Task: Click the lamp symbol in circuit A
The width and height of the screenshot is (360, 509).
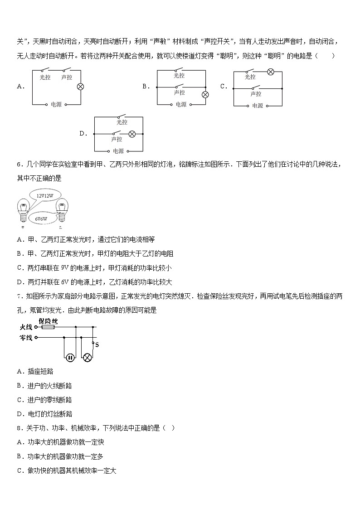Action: (81, 86)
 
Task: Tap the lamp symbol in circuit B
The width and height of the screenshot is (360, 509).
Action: (205, 95)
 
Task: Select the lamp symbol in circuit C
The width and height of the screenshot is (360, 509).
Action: (270, 72)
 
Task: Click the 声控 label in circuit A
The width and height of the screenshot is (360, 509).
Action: (67, 78)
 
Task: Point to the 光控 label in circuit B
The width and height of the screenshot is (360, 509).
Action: (180, 76)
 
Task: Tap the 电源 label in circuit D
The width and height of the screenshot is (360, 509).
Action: (118, 151)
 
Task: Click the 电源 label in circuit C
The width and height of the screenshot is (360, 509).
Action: (257, 106)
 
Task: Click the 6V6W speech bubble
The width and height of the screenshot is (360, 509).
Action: (41, 218)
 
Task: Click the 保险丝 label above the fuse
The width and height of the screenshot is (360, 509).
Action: (48, 321)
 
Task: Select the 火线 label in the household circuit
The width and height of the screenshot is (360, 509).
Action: (25, 327)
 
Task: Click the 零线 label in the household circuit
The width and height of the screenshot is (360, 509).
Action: (25, 338)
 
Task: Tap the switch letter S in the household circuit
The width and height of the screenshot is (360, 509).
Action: (97, 345)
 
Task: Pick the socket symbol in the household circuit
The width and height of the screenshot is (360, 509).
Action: (70, 358)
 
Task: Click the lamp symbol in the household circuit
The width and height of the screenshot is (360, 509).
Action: (88, 358)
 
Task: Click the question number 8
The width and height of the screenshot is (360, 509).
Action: (19, 428)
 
